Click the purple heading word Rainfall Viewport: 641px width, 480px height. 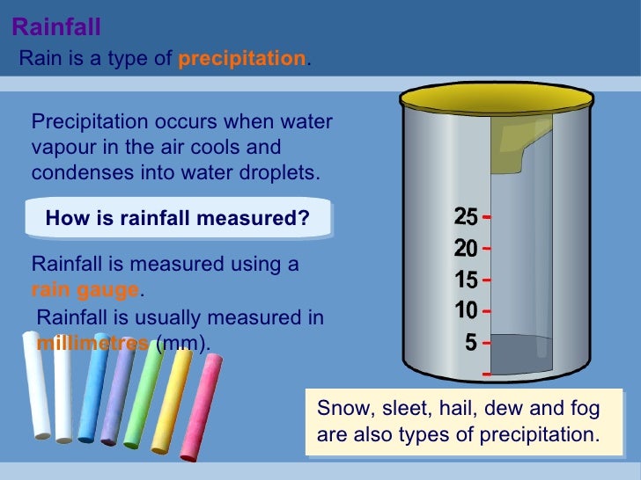[x=56, y=28]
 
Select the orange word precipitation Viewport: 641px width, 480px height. [x=242, y=59]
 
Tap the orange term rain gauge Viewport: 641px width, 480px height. [x=85, y=289]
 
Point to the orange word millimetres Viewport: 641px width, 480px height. [x=92, y=343]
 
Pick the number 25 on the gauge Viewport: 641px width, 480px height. [x=466, y=216]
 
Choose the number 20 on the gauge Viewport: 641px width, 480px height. [x=466, y=249]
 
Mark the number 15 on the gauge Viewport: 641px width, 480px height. [x=466, y=280]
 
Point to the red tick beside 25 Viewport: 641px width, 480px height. [x=487, y=216]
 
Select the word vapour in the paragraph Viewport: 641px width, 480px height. [x=59, y=148]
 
